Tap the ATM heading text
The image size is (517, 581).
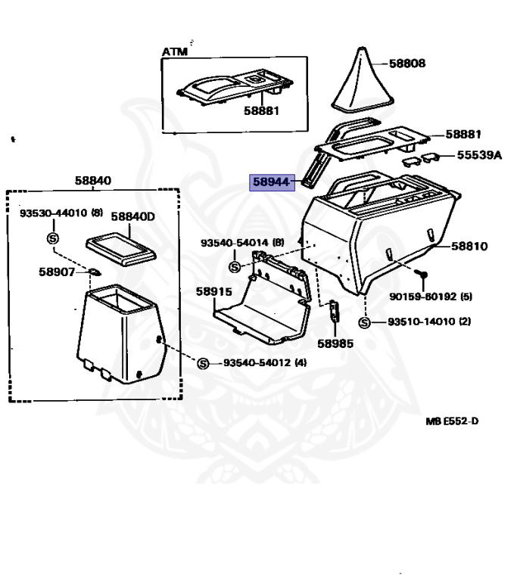(x=175, y=51)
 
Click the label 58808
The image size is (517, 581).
(x=407, y=64)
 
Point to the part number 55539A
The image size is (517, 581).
(x=479, y=155)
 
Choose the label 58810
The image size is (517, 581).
(x=469, y=246)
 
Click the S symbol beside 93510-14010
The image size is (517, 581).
(x=364, y=322)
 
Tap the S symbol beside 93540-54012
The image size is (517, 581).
(x=203, y=364)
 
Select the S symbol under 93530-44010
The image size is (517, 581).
(x=53, y=238)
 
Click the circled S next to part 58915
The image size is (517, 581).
(x=235, y=267)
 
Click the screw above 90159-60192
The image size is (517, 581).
(x=424, y=271)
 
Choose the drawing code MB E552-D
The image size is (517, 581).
(x=451, y=421)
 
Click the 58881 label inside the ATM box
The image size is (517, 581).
(x=261, y=110)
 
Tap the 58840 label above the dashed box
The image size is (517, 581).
(x=93, y=181)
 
